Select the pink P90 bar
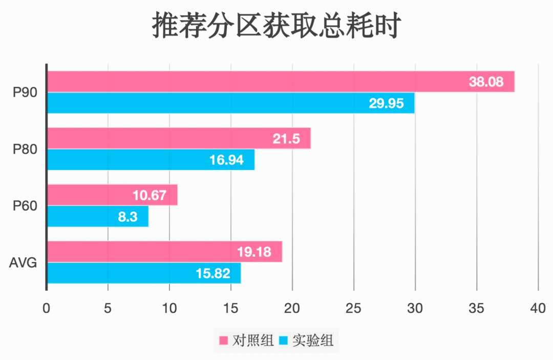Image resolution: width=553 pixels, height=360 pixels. point(256,81)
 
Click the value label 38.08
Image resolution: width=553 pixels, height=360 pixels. point(486,81)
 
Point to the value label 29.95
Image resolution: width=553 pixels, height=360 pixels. point(386,103)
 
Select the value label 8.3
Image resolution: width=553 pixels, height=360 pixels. point(127,217)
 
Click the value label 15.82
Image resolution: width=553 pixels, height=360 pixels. point(213,273)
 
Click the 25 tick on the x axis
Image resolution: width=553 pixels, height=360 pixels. point(353,309)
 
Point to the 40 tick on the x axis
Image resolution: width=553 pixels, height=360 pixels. point(538,309)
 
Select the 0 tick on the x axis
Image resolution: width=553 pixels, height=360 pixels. point(47,309)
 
